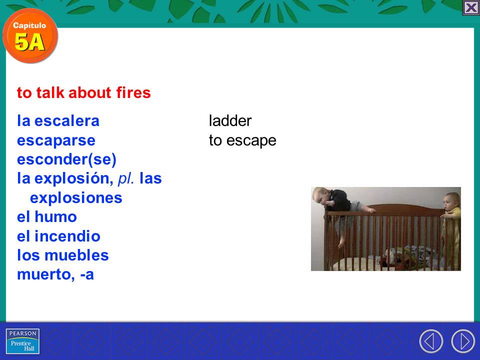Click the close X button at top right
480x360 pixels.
pos(471,8)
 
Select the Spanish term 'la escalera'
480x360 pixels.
pos(58,121)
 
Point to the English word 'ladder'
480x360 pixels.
pos(230,121)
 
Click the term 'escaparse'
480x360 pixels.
pos(56,140)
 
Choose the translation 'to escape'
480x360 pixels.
pos(242,141)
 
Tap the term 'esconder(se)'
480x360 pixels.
pos(66,159)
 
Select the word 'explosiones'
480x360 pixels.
pos(76,198)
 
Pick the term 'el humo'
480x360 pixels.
pos(47,217)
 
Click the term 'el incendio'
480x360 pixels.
pos(58,236)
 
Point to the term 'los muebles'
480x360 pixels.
pos(63,255)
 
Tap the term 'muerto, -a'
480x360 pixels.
pos(55,274)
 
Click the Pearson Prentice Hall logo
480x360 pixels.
pos(22,341)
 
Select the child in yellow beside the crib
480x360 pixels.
pos(451,210)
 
